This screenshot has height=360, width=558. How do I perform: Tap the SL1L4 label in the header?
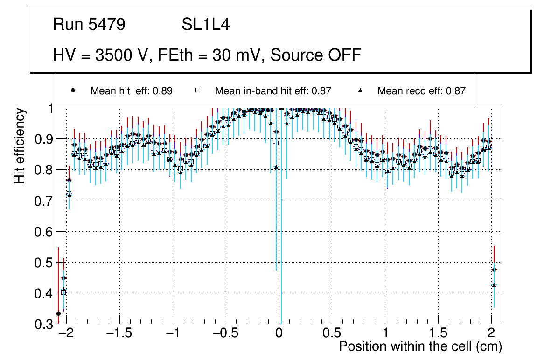(205, 25)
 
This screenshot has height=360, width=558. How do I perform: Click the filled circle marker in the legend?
(73, 90)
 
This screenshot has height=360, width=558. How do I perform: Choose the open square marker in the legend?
(197, 90)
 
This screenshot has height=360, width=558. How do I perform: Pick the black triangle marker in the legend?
(360, 90)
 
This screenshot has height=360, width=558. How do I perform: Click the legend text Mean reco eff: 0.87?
(421, 91)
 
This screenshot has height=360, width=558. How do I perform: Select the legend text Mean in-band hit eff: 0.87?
(273, 91)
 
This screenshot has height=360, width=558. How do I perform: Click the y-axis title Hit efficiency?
(20, 145)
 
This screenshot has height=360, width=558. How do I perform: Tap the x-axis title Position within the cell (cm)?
(420, 346)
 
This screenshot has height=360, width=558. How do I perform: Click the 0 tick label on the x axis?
(279, 334)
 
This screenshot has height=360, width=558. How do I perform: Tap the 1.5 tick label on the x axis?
(438, 334)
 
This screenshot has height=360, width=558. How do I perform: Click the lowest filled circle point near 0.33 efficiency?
(58, 313)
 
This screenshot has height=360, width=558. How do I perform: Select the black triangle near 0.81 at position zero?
(276, 167)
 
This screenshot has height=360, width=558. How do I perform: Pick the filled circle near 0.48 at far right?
(494, 270)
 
